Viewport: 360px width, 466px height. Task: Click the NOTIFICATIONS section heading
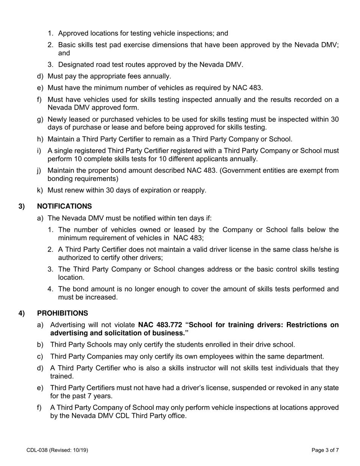(x=64, y=206)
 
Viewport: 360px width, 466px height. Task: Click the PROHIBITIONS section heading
(x=62, y=313)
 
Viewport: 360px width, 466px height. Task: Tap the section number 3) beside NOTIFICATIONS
(x=22, y=206)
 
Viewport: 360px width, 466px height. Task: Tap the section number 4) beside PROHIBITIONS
(x=22, y=313)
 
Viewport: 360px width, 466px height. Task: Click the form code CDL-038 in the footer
(x=38, y=450)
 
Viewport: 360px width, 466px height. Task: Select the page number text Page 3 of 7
(x=325, y=450)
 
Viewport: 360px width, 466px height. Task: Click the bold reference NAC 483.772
(x=160, y=325)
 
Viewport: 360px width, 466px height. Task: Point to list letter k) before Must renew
(x=40, y=190)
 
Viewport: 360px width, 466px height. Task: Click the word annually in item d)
(x=157, y=77)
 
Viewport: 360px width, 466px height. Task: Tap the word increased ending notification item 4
(x=102, y=297)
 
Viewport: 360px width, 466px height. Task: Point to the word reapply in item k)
(x=194, y=190)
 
